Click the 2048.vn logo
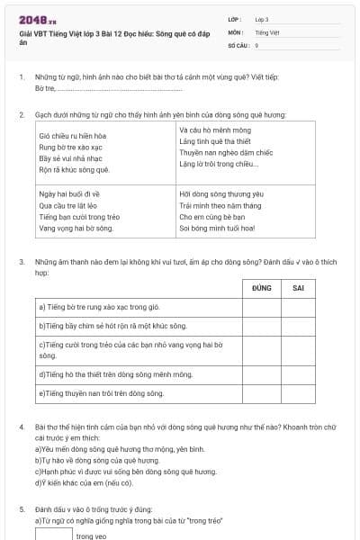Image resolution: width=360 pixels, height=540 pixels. coord(37,19)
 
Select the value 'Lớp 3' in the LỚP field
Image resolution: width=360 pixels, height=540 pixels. coord(262,19)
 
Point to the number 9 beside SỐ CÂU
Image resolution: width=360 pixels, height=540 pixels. coord(256,44)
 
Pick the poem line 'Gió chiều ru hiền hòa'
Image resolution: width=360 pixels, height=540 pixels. coord(72,134)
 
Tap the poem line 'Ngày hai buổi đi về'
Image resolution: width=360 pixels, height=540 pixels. coord(69,193)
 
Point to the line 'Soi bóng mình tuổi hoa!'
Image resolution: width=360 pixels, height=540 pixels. coord(217,229)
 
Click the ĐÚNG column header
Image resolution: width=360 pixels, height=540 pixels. coord(262,288)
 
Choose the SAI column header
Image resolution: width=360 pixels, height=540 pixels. coord(298,288)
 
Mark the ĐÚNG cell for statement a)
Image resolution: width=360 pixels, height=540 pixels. coord(262,307)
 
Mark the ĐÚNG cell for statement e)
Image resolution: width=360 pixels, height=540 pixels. coord(262,393)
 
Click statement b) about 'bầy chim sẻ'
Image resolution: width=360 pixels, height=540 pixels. coord(113,325)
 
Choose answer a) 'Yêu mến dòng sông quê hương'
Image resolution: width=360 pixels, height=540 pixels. coord(121,448)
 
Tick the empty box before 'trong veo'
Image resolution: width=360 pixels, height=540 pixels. coord(53,534)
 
